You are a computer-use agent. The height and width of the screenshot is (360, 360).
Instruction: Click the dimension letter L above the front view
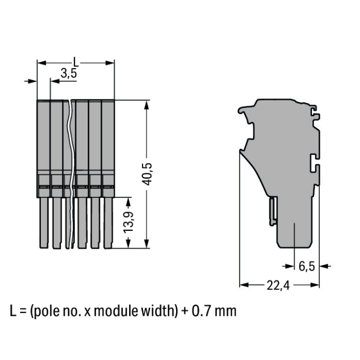(76, 62)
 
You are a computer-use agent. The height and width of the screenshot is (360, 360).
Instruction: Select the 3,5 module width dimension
(69, 73)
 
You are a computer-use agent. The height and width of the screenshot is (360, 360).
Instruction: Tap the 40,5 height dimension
(147, 174)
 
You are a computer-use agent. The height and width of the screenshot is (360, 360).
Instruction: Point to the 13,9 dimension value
(129, 222)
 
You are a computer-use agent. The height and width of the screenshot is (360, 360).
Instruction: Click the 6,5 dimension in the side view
(307, 266)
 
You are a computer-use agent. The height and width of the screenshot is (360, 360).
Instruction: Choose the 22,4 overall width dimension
(278, 286)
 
